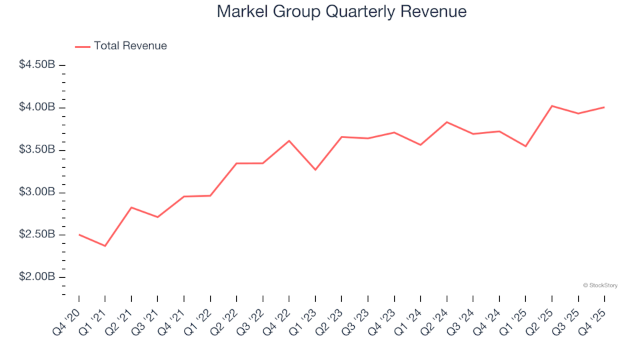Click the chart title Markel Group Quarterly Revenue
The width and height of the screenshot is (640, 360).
341,12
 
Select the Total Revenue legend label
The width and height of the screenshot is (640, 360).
130,46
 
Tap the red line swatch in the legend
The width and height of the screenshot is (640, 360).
83,46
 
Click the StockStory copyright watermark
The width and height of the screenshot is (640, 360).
600,285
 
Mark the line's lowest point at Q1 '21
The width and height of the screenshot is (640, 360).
105,246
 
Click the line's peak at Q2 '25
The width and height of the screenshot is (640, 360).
552,106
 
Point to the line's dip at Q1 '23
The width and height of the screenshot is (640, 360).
315,170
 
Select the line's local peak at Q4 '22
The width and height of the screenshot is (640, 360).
289,141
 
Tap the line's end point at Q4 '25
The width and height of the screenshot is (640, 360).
604,107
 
